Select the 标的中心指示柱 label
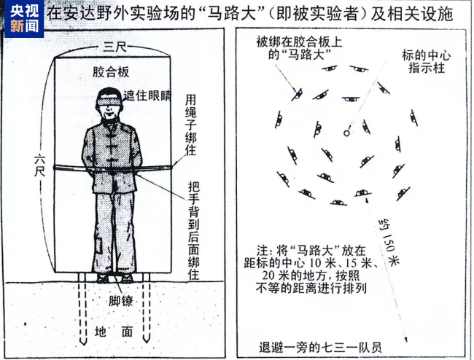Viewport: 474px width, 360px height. tap(422, 62)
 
